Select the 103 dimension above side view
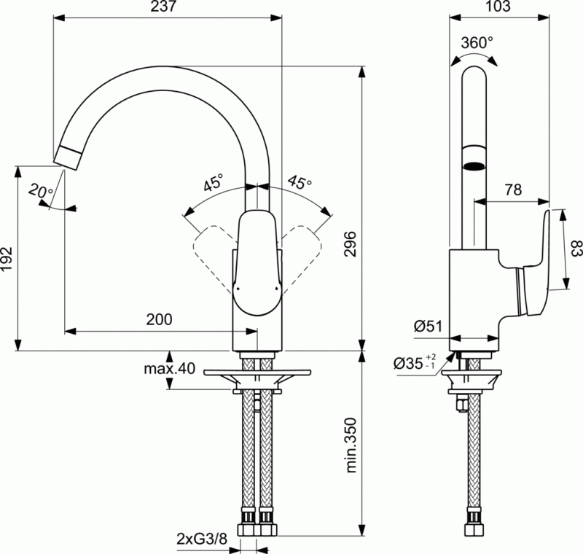coord(498,7)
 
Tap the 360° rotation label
coord(477,42)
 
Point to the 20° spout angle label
coord(41,192)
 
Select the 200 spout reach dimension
coord(160,319)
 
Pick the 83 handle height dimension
coord(575,249)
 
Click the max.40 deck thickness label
coord(169,369)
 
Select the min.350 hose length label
coord(351,444)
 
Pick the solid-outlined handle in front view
coord(256,262)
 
